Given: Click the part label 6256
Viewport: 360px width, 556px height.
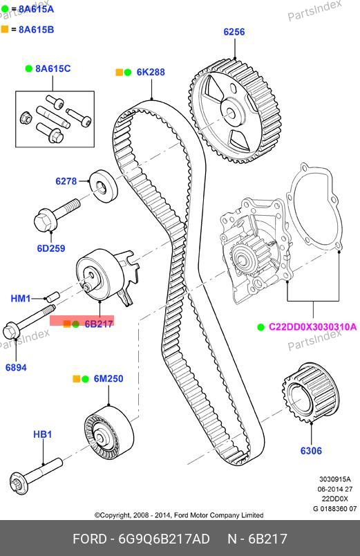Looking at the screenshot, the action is point(234,32).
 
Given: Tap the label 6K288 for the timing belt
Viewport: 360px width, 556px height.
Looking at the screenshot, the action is point(151,72).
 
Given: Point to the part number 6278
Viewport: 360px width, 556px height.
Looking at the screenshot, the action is point(66,181).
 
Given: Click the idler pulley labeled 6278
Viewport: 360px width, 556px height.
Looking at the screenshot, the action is point(103,187).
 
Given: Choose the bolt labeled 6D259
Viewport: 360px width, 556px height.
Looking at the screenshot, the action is point(57,216).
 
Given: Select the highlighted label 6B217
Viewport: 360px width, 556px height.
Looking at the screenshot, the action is point(99,324).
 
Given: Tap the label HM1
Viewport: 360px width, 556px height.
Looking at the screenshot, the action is point(21,298).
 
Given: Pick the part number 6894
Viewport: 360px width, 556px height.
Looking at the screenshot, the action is point(16,367).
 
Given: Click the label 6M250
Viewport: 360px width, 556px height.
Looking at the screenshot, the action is point(108,379).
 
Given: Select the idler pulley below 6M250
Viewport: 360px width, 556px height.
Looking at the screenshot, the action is point(108,432).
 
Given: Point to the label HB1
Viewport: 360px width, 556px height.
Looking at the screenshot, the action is point(43,434).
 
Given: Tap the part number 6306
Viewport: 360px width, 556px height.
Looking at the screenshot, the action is point(311,451).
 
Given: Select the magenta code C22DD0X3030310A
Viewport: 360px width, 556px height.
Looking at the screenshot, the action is point(312,326).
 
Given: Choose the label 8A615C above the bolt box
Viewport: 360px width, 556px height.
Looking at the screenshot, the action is point(53,68).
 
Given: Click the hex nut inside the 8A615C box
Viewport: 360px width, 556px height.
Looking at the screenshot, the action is point(25,117).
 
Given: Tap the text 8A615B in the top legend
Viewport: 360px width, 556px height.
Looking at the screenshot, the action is point(36,30).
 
